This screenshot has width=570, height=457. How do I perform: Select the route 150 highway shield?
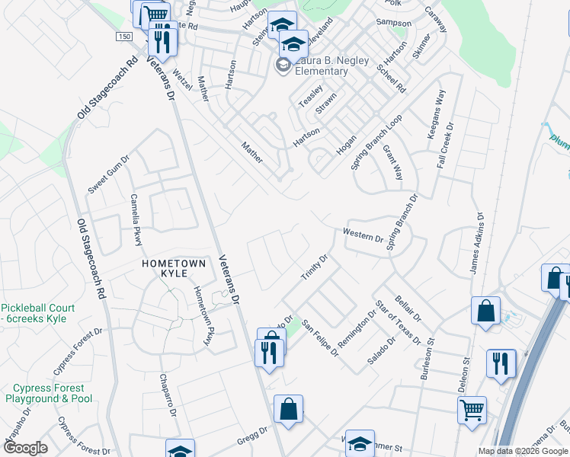(124, 37)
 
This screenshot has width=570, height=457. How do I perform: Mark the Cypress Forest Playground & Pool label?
(49, 393)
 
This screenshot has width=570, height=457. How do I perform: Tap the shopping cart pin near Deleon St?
(472, 410)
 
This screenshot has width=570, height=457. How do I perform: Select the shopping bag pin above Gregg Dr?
(289, 409)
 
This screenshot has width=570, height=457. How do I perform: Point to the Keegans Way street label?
(439, 110)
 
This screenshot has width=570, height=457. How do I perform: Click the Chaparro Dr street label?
(168, 394)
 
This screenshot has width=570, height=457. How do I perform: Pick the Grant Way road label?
(393, 162)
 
